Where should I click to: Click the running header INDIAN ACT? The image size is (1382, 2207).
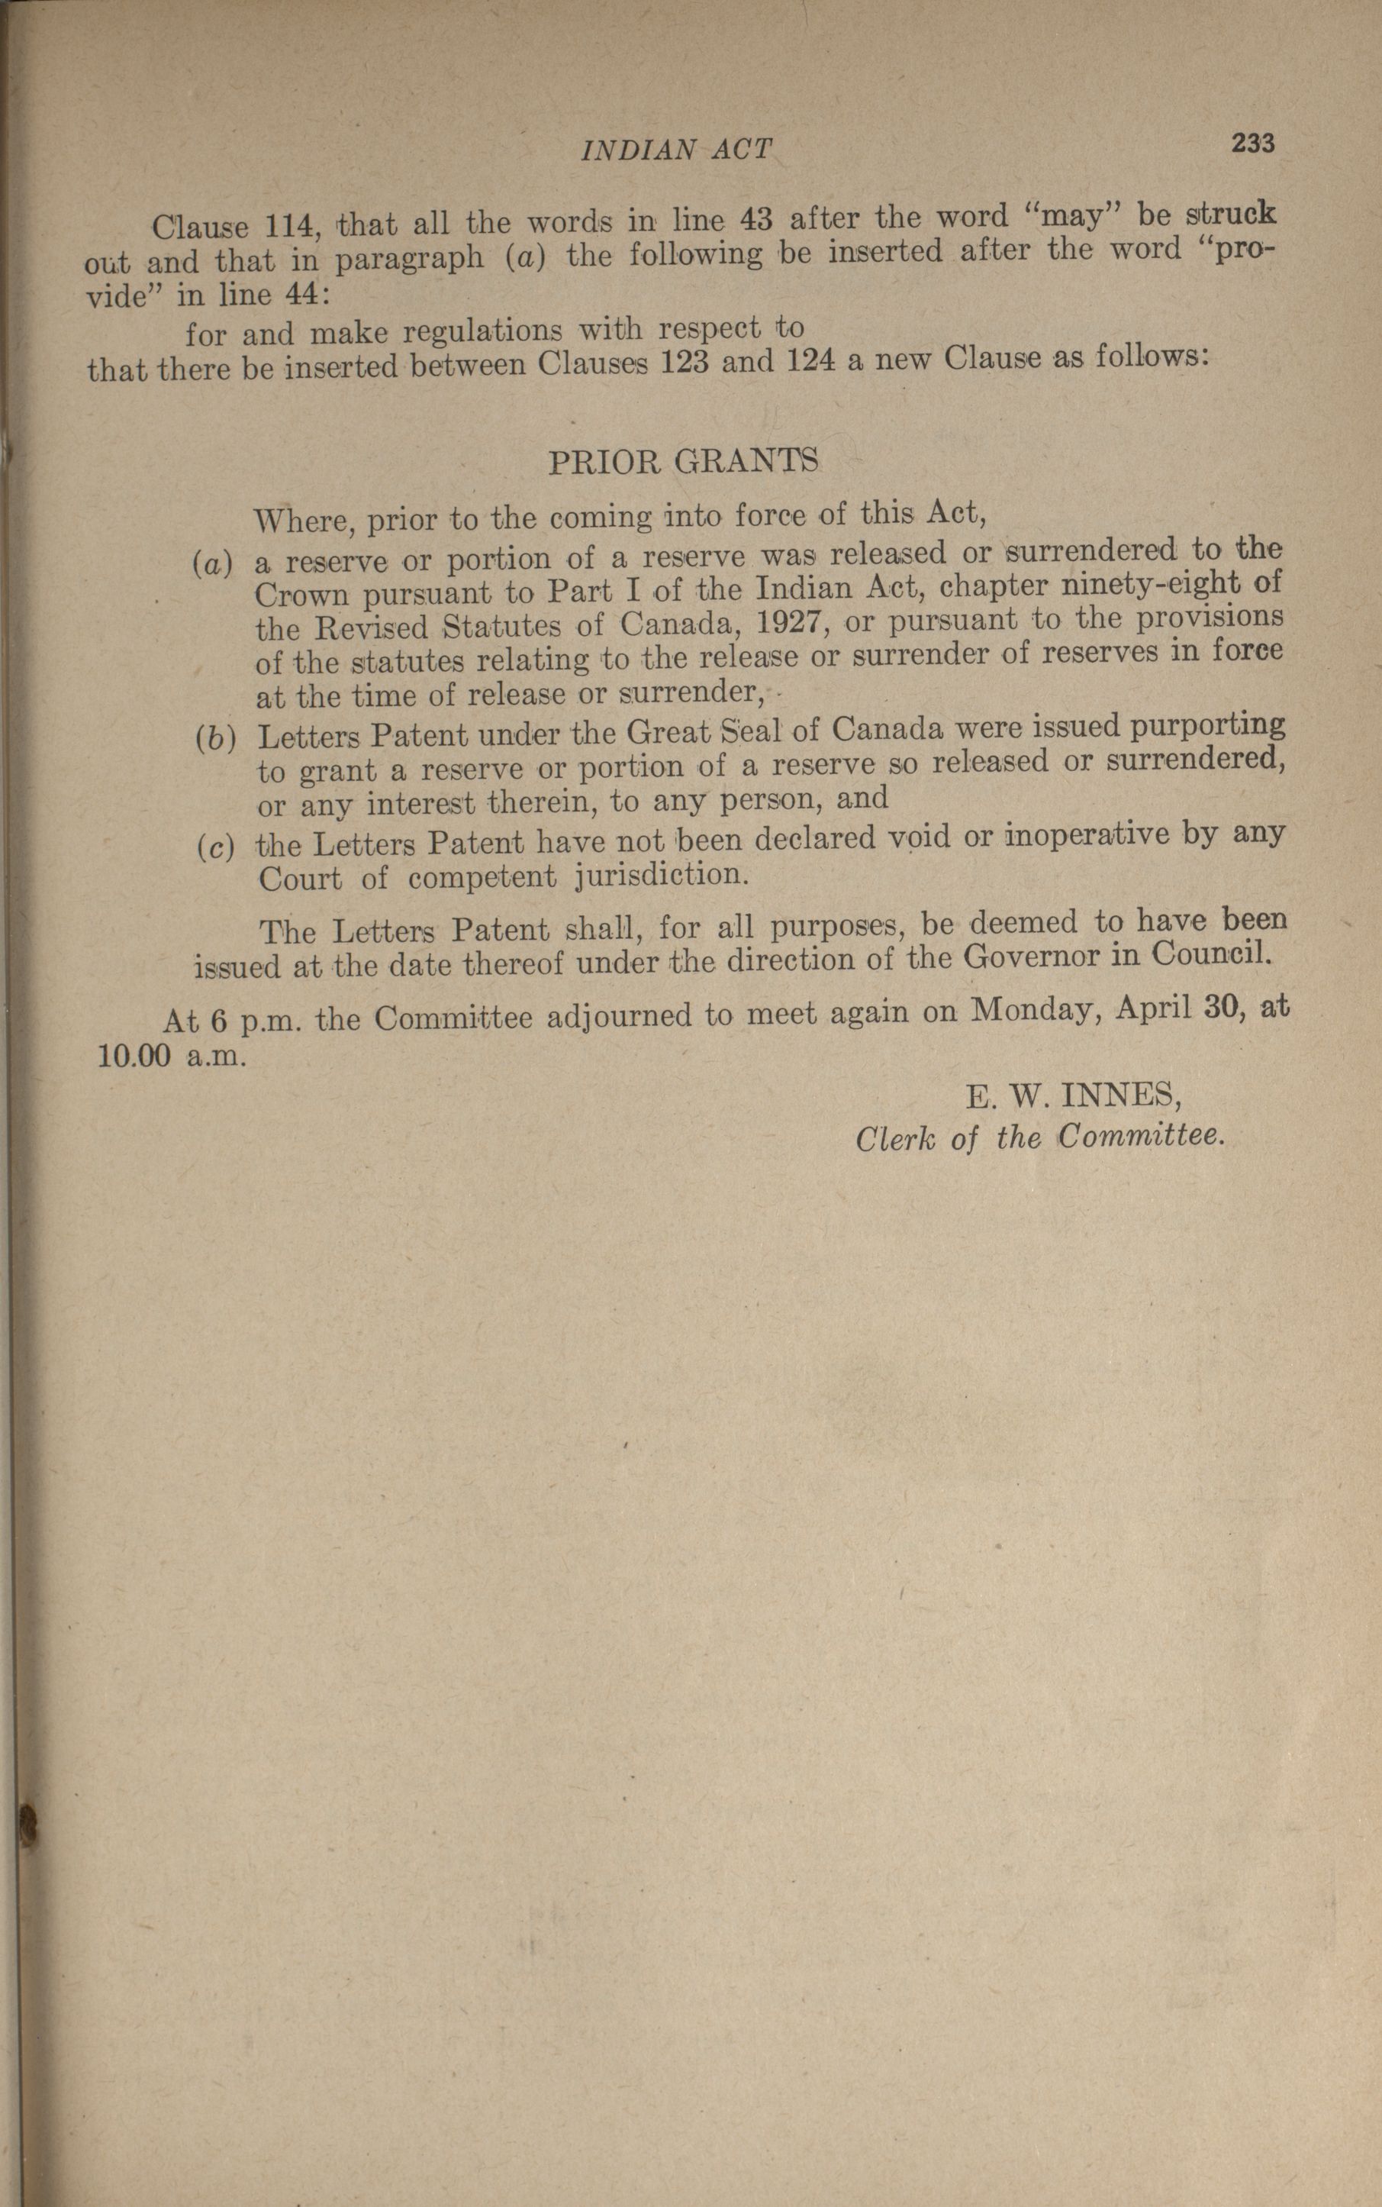point(676,149)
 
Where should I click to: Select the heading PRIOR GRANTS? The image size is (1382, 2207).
point(683,463)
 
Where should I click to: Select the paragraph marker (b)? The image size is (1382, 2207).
point(214,737)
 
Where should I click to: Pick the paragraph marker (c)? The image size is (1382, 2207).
point(214,846)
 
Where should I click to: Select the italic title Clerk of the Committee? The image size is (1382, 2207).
point(1039,1138)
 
